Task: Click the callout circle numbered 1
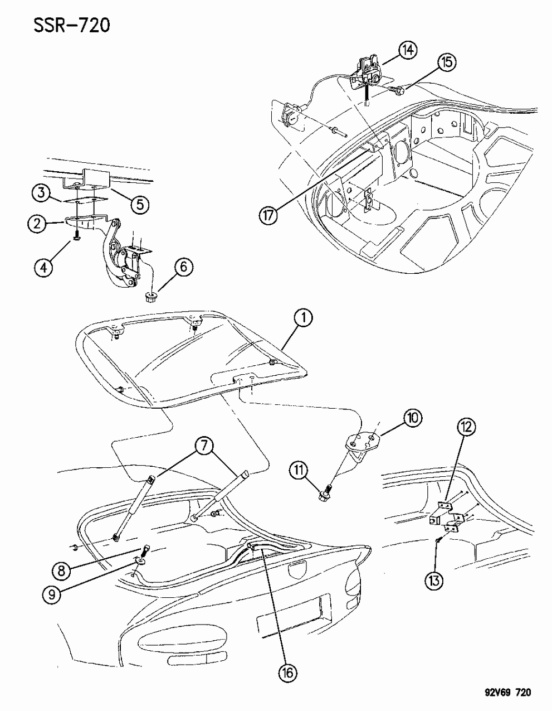[x=304, y=319]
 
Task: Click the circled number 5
[x=139, y=204]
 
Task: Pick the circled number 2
[x=36, y=225]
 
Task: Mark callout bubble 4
[x=45, y=267]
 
